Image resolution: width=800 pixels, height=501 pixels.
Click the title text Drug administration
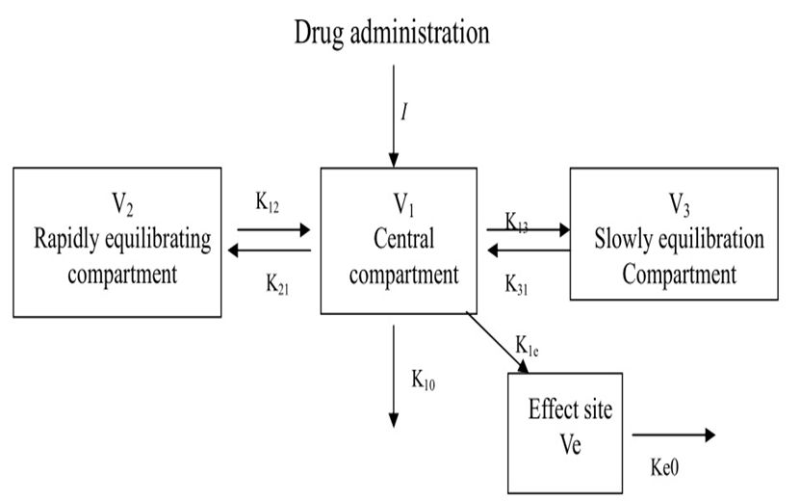392,33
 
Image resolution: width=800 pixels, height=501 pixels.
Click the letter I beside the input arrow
405,111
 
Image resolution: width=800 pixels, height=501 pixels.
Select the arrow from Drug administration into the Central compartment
393,116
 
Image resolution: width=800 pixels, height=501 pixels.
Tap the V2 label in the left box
122,204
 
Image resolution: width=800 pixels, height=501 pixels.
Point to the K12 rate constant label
269,203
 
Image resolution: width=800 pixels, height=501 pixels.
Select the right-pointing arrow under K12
274,230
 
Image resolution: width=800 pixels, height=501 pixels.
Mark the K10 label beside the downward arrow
424,379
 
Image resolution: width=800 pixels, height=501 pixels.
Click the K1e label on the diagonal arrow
527,346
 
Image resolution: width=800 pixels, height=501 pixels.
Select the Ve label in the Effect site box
569,446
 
